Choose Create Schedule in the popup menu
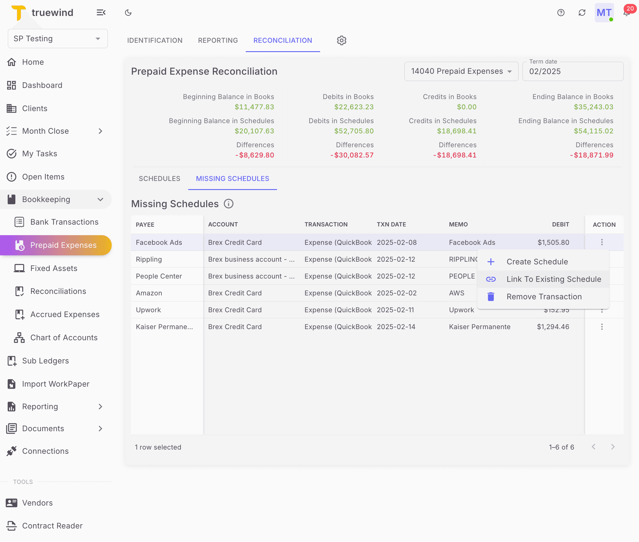pyautogui.click(x=537, y=261)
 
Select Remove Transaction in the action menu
pyautogui.click(x=544, y=297)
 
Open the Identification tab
pyautogui.click(x=154, y=40)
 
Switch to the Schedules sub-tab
pyautogui.click(x=159, y=179)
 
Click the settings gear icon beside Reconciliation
pyautogui.click(x=341, y=40)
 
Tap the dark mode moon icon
pyautogui.click(x=128, y=13)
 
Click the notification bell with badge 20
pyautogui.click(x=626, y=13)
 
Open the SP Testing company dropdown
pyautogui.click(x=58, y=39)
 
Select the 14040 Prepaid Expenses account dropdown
pyautogui.click(x=461, y=71)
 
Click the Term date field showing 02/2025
pyautogui.click(x=572, y=71)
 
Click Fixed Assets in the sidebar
pyautogui.click(x=54, y=268)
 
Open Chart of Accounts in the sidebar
pyautogui.click(x=64, y=337)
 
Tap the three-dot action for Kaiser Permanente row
pyautogui.click(x=602, y=327)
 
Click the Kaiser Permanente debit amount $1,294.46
pyautogui.click(x=553, y=327)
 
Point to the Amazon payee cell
pyautogui.click(x=149, y=293)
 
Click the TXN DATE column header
pyautogui.click(x=391, y=224)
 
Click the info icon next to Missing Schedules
pyautogui.click(x=228, y=204)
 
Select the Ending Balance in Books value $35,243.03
pyautogui.click(x=593, y=107)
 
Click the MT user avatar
pyautogui.click(x=604, y=13)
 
